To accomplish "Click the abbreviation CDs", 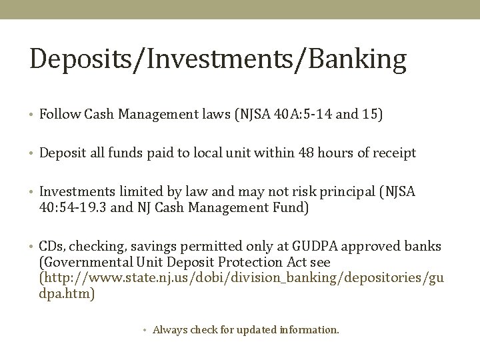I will (51, 246).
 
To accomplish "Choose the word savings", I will (141, 246).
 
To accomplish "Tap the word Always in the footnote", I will (170, 329).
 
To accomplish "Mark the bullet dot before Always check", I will (146, 329).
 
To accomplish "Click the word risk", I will (293, 192).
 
